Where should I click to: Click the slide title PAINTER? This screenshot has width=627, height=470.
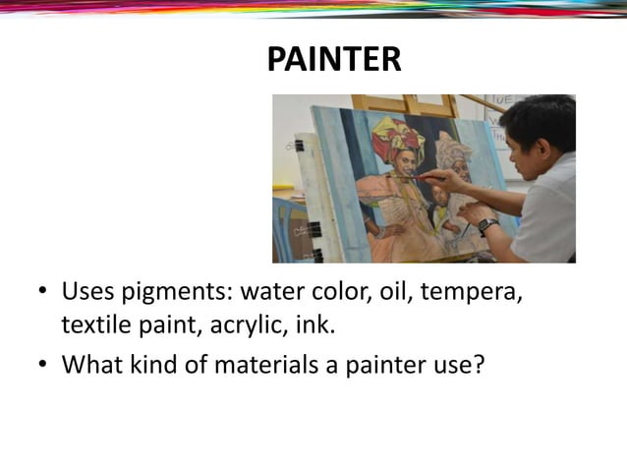(x=334, y=59)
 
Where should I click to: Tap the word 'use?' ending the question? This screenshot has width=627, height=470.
(x=459, y=365)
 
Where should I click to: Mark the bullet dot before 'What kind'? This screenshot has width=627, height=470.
(x=43, y=365)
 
